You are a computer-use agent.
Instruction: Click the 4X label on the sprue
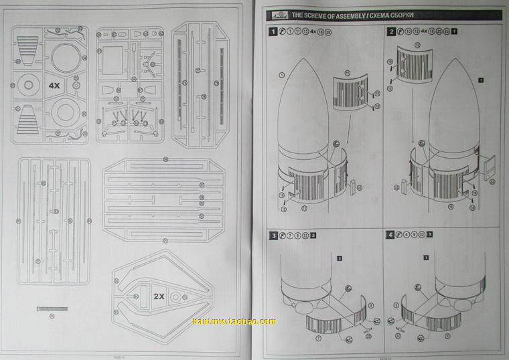coord(56,86)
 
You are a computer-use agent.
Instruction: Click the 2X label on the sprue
coord(159,296)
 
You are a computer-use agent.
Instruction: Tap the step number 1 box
coord(273,31)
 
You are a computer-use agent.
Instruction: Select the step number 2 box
coord(390,31)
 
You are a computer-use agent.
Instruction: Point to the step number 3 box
coord(273,236)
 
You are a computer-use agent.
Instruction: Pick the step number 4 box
coord(390,236)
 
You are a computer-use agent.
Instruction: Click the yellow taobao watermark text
coord(234,322)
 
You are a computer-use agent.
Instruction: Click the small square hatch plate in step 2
coord(489,167)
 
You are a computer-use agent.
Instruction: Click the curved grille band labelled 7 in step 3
coord(323,325)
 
